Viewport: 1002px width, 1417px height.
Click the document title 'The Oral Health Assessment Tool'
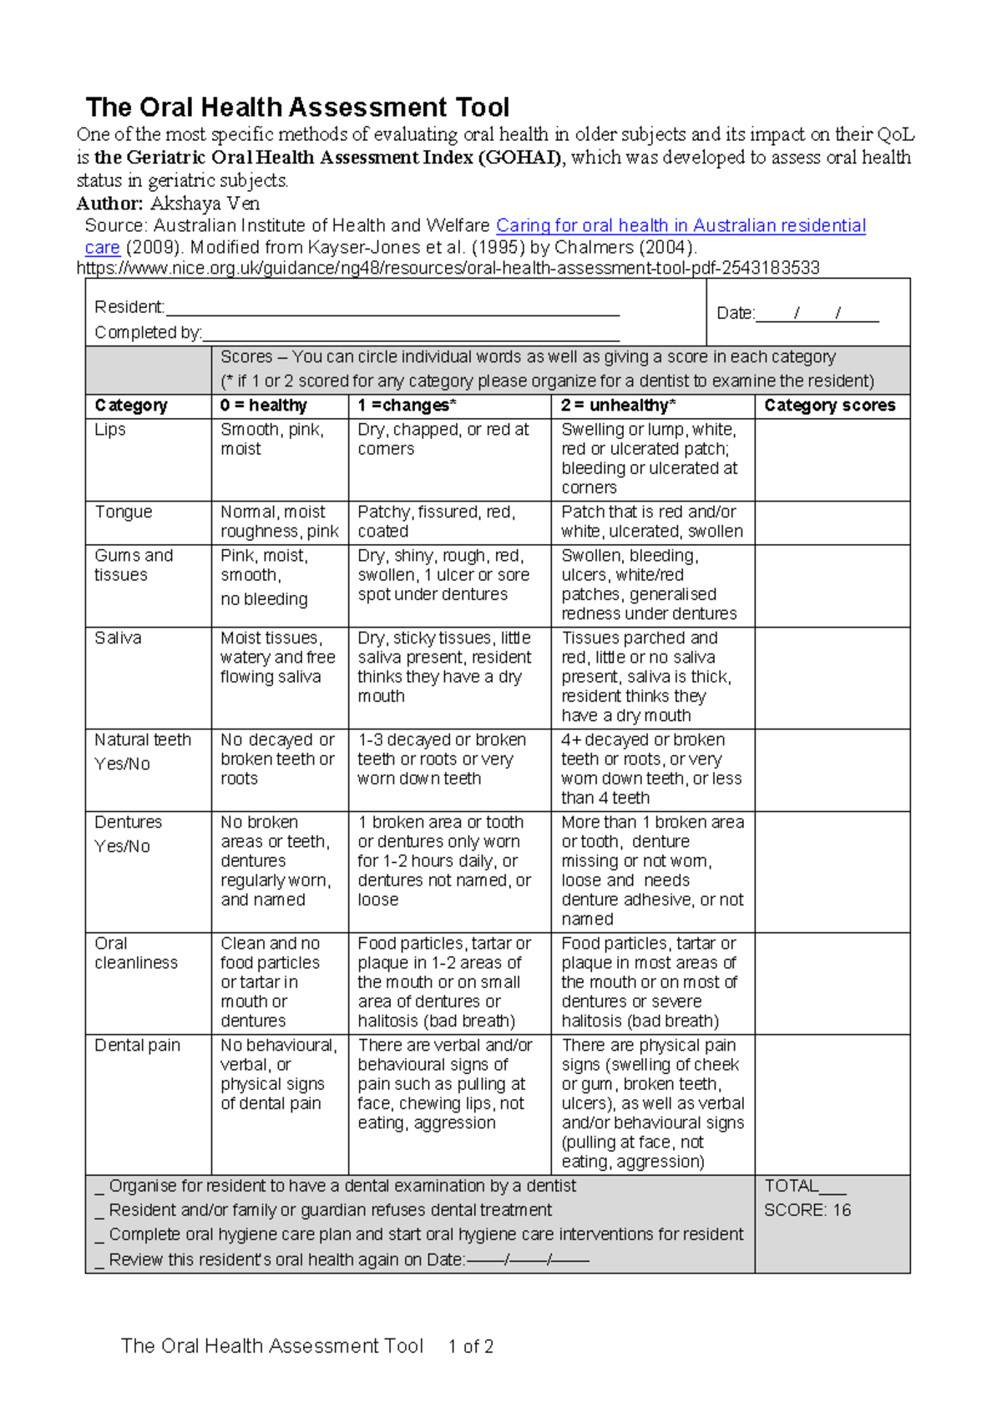click(297, 108)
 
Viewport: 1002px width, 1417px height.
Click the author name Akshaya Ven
click(205, 204)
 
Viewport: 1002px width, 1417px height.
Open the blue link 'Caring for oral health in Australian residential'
click(681, 225)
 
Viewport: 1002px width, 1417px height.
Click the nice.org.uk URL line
click(448, 268)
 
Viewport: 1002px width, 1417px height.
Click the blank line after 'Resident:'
click(392, 309)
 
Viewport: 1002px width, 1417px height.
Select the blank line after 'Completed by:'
click(411, 334)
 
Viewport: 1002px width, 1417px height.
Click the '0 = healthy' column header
click(264, 406)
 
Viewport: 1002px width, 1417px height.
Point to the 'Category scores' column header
click(829, 406)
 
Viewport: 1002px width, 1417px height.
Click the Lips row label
click(110, 430)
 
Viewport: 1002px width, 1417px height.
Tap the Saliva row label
click(118, 638)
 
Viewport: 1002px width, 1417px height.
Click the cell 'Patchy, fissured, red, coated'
click(437, 522)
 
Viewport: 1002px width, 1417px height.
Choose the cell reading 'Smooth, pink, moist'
click(271, 439)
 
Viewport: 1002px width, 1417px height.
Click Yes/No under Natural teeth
click(122, 764)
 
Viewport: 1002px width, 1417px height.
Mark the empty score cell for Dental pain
click(832, 1104)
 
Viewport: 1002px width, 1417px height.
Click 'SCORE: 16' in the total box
click(807, 1211)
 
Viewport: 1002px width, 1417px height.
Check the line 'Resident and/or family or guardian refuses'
click(330, 1210)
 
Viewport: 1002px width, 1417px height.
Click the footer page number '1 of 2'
click(470, 1347)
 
